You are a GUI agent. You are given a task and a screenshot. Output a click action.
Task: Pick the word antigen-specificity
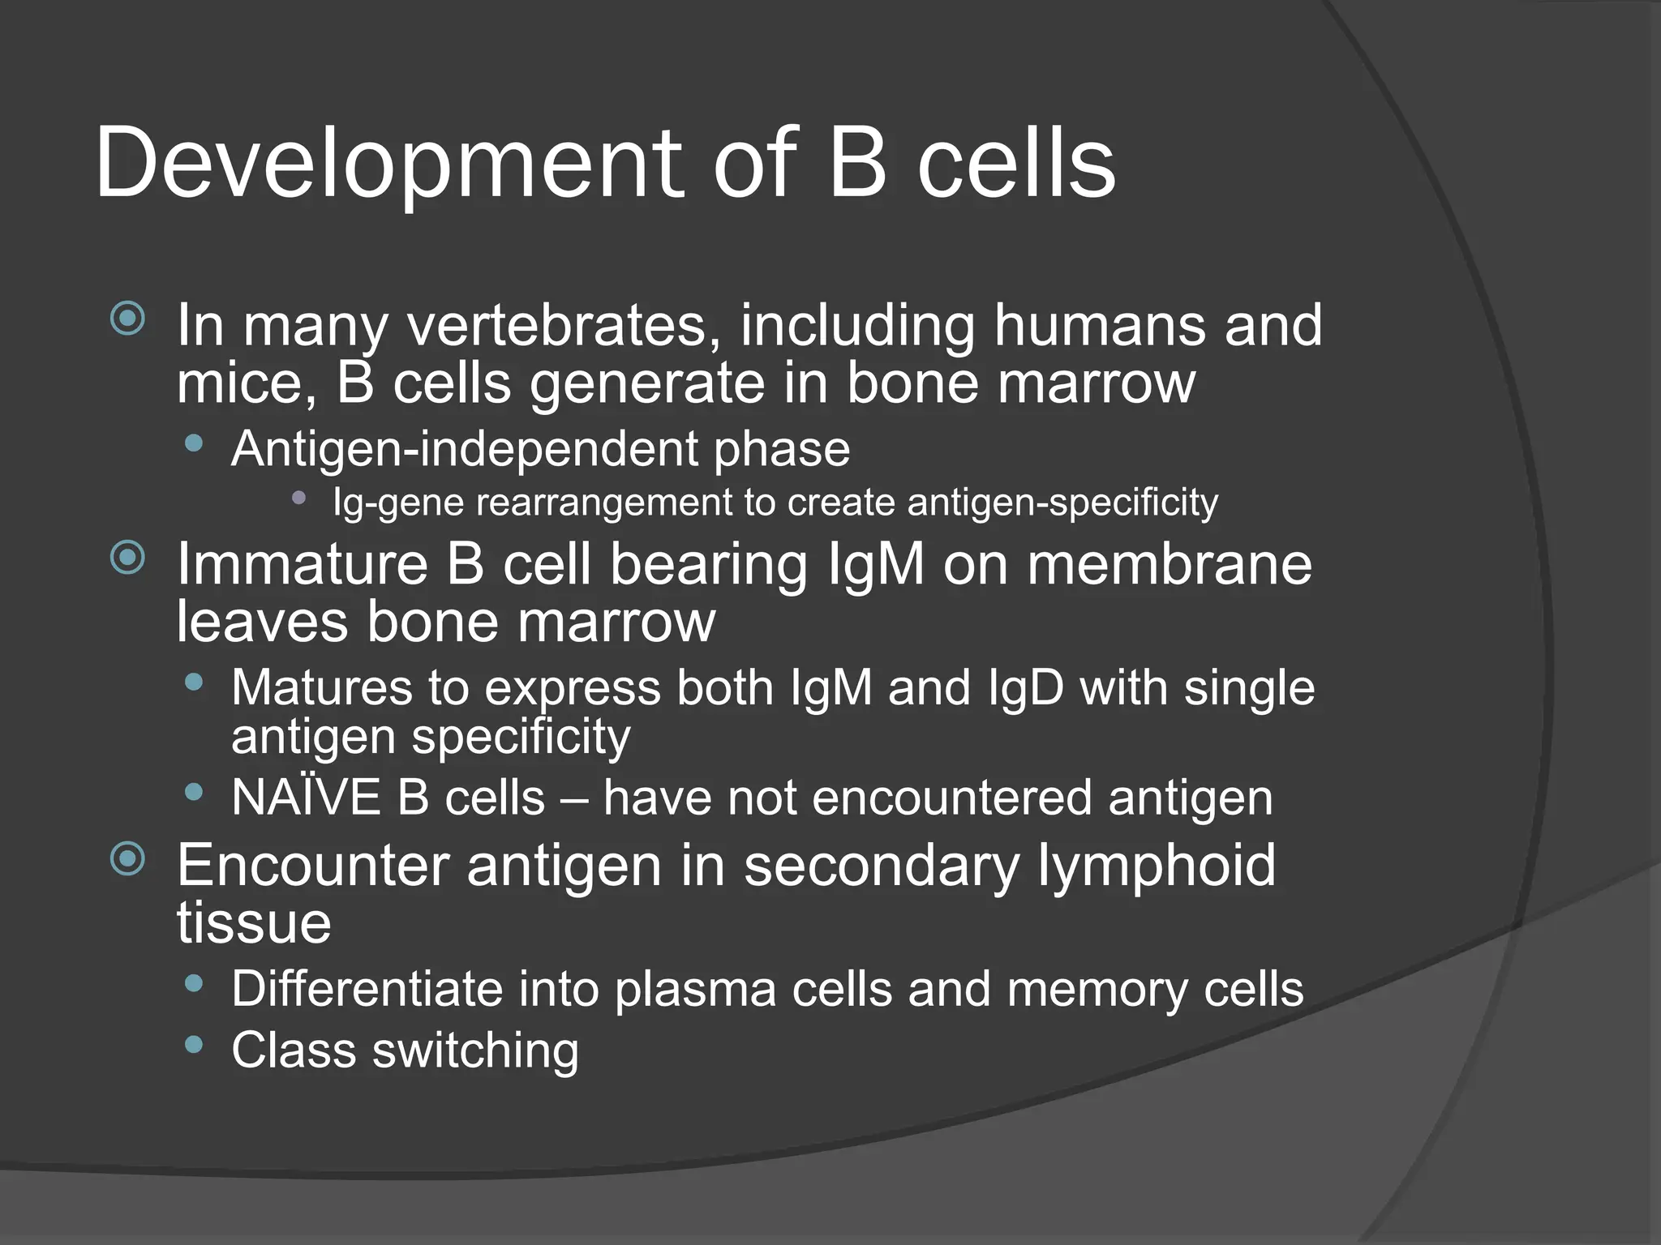[1062, 503]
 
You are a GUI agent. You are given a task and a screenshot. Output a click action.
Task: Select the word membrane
[1170, 564]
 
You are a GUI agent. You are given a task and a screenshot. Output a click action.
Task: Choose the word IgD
[1025, 688]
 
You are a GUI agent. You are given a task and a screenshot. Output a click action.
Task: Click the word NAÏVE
[306, 798]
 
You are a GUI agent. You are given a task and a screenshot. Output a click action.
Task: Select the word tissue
[254, 923]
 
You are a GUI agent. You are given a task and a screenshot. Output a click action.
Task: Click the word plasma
[695, 990]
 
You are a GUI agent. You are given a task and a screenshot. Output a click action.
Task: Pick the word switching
[475, 1051]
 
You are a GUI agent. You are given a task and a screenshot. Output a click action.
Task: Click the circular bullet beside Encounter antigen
[127, 859]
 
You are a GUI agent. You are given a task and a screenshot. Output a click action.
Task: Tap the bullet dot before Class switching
[193, 1045]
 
